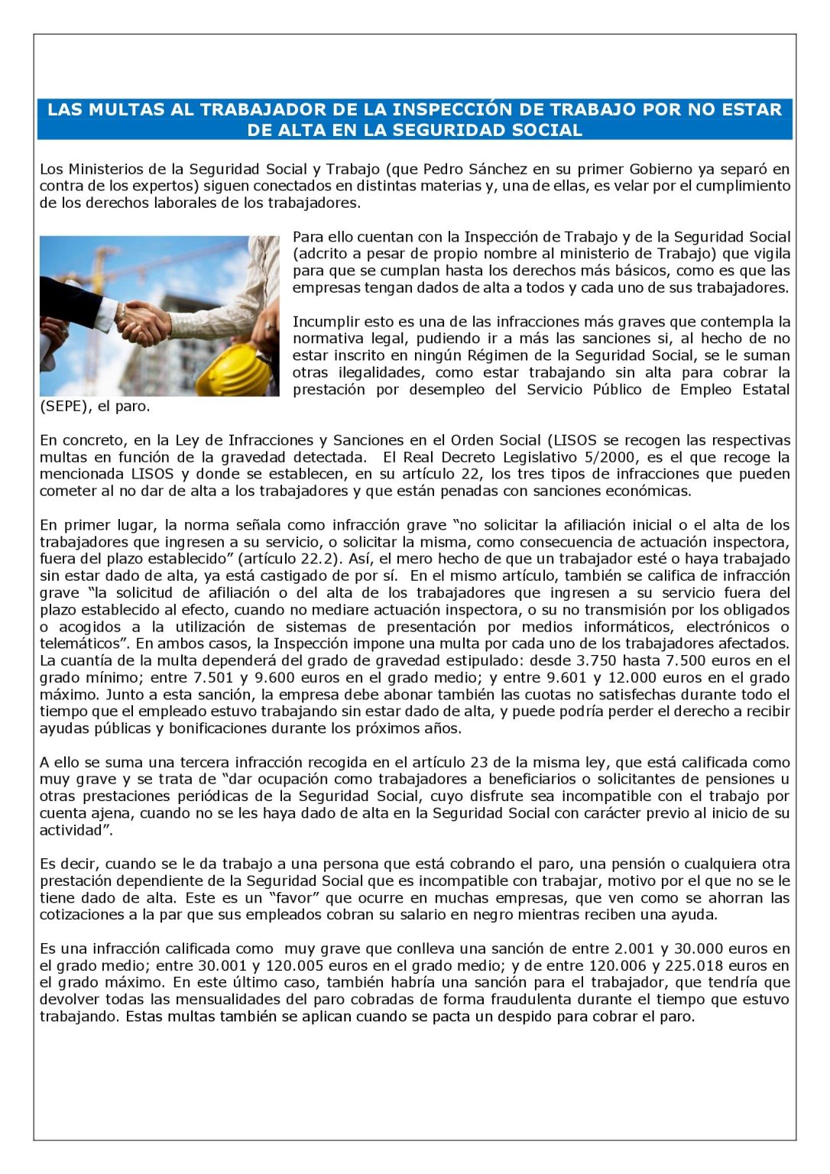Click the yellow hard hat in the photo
point(232,370)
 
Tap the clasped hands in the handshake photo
point(143,321)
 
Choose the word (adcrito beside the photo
point(321,254)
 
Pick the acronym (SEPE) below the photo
point(63,407)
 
